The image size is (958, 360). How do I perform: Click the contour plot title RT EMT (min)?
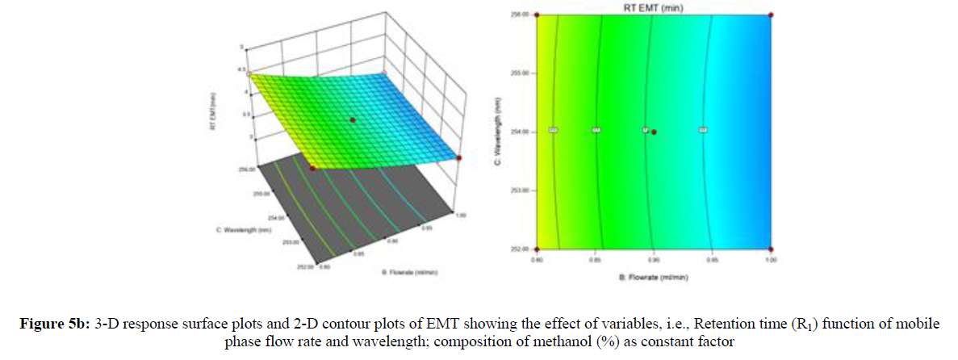653,6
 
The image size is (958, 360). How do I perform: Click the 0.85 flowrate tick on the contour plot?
595,260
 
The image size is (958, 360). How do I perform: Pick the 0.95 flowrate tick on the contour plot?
712,260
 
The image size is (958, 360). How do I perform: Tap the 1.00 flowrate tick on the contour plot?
770,260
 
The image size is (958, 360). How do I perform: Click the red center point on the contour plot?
654,131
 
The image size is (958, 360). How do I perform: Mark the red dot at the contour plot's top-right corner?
771,15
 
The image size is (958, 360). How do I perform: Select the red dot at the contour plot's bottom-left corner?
536,248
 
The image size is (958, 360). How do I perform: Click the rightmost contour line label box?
703,129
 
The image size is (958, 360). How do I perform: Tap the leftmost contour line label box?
553,129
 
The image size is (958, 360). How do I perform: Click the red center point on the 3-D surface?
352,119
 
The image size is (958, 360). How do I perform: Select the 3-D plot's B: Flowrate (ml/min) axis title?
409,272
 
